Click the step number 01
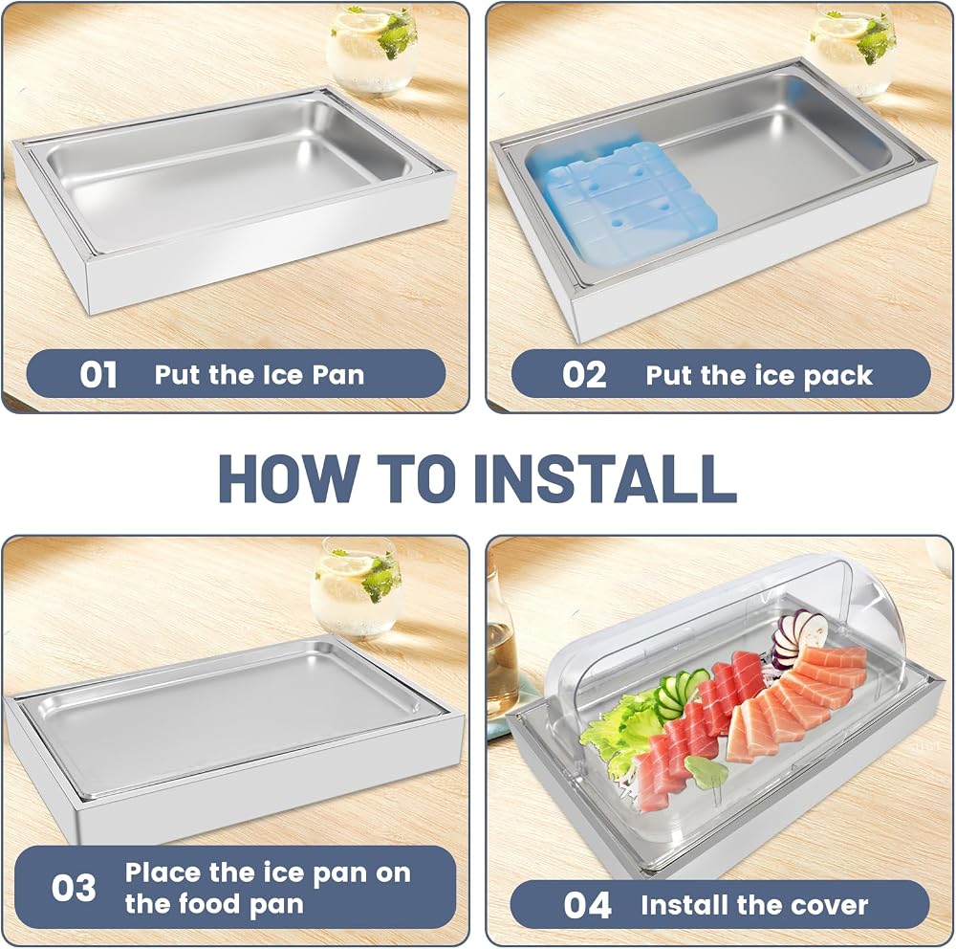coord(98,374)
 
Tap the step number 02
coord(584,375)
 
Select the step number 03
coord(74,888)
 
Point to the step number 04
coord(587,905)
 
